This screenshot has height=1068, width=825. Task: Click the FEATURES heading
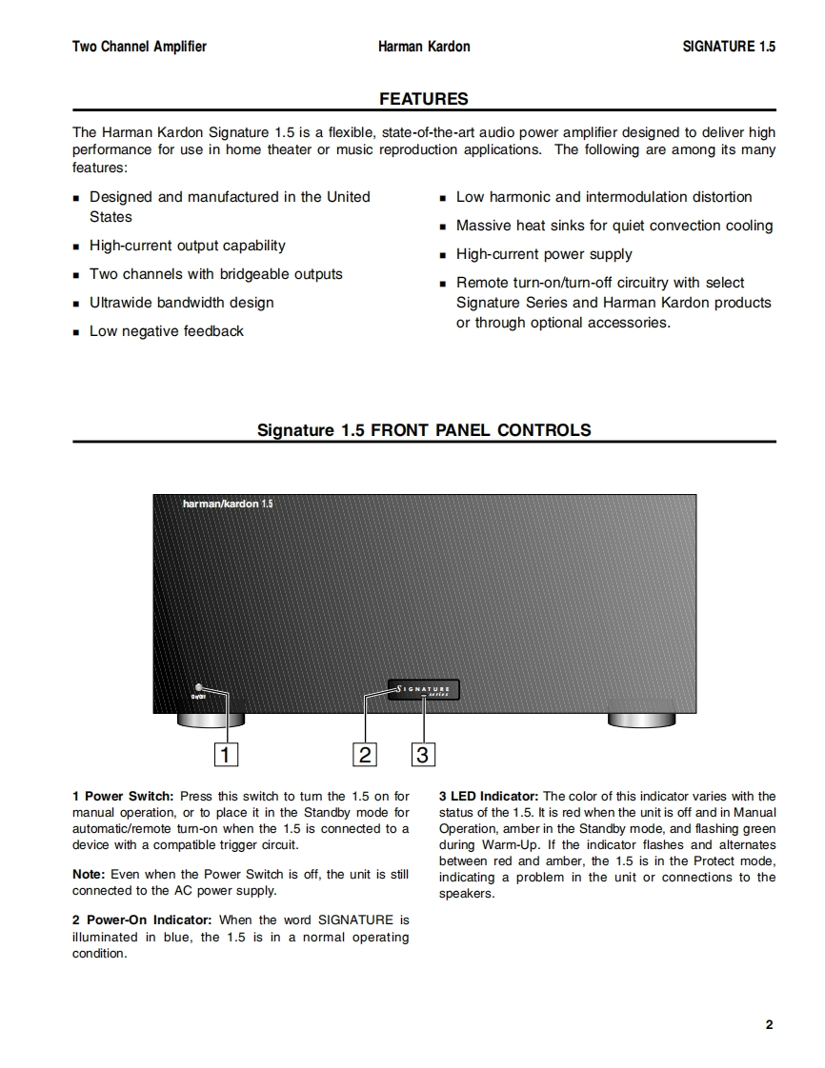click(423, 99)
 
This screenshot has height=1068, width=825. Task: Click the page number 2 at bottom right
click(769, 1025)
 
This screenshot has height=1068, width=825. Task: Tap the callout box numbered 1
click(226, 755)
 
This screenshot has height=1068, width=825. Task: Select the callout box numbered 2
click(365, 755)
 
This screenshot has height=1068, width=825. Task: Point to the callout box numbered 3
click(423, 755)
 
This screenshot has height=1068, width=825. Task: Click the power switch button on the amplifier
click(199, 687)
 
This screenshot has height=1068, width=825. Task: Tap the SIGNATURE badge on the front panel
click(425, 688)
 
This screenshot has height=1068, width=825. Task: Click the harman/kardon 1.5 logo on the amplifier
click(228, 504)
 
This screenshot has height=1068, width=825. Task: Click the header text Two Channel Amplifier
click(139, 47)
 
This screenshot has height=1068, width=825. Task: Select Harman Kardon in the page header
click(423, 47)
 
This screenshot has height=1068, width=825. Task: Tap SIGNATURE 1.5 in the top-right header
click(729, 47)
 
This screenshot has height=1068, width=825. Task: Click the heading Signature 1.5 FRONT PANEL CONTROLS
click(424, 430)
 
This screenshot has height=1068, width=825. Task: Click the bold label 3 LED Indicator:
click(489, 797)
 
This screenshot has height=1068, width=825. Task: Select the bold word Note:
click(90, 875)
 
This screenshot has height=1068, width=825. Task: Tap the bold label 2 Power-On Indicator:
click(144, 920)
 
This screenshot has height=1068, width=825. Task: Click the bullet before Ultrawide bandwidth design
click(76, 304)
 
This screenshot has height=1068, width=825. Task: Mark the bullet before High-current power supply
click(443, 255)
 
